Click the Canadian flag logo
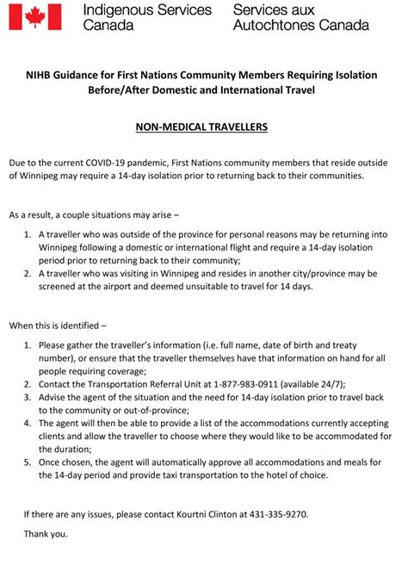35,17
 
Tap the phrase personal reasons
254,234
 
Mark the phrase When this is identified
58,326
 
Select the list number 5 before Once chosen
28,462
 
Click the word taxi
213,475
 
